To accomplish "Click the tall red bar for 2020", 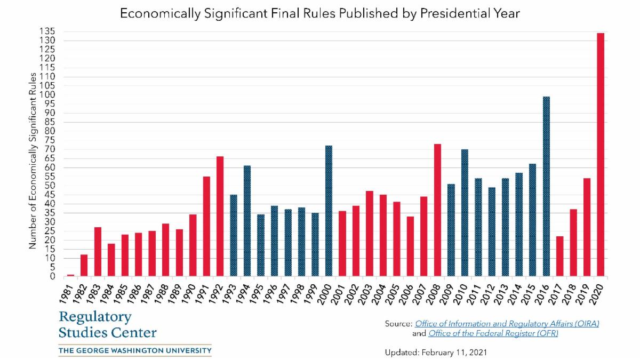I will coord(601,155).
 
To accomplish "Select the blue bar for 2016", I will coord(546,187).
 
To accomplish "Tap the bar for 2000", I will coord(329,211).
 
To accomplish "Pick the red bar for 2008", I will coord(437,210).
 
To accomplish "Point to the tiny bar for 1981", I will coord(70,275).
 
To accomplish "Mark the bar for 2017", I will coord(559,256).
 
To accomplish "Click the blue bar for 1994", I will coord(247,221).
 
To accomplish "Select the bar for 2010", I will coord(465,213).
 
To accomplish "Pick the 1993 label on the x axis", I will coord(231,292).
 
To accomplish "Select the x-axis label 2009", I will coord(449,292).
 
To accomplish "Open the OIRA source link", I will coord(507,324).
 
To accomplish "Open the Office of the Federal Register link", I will coord(493,333).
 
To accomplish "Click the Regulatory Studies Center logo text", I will coord(107,325).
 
